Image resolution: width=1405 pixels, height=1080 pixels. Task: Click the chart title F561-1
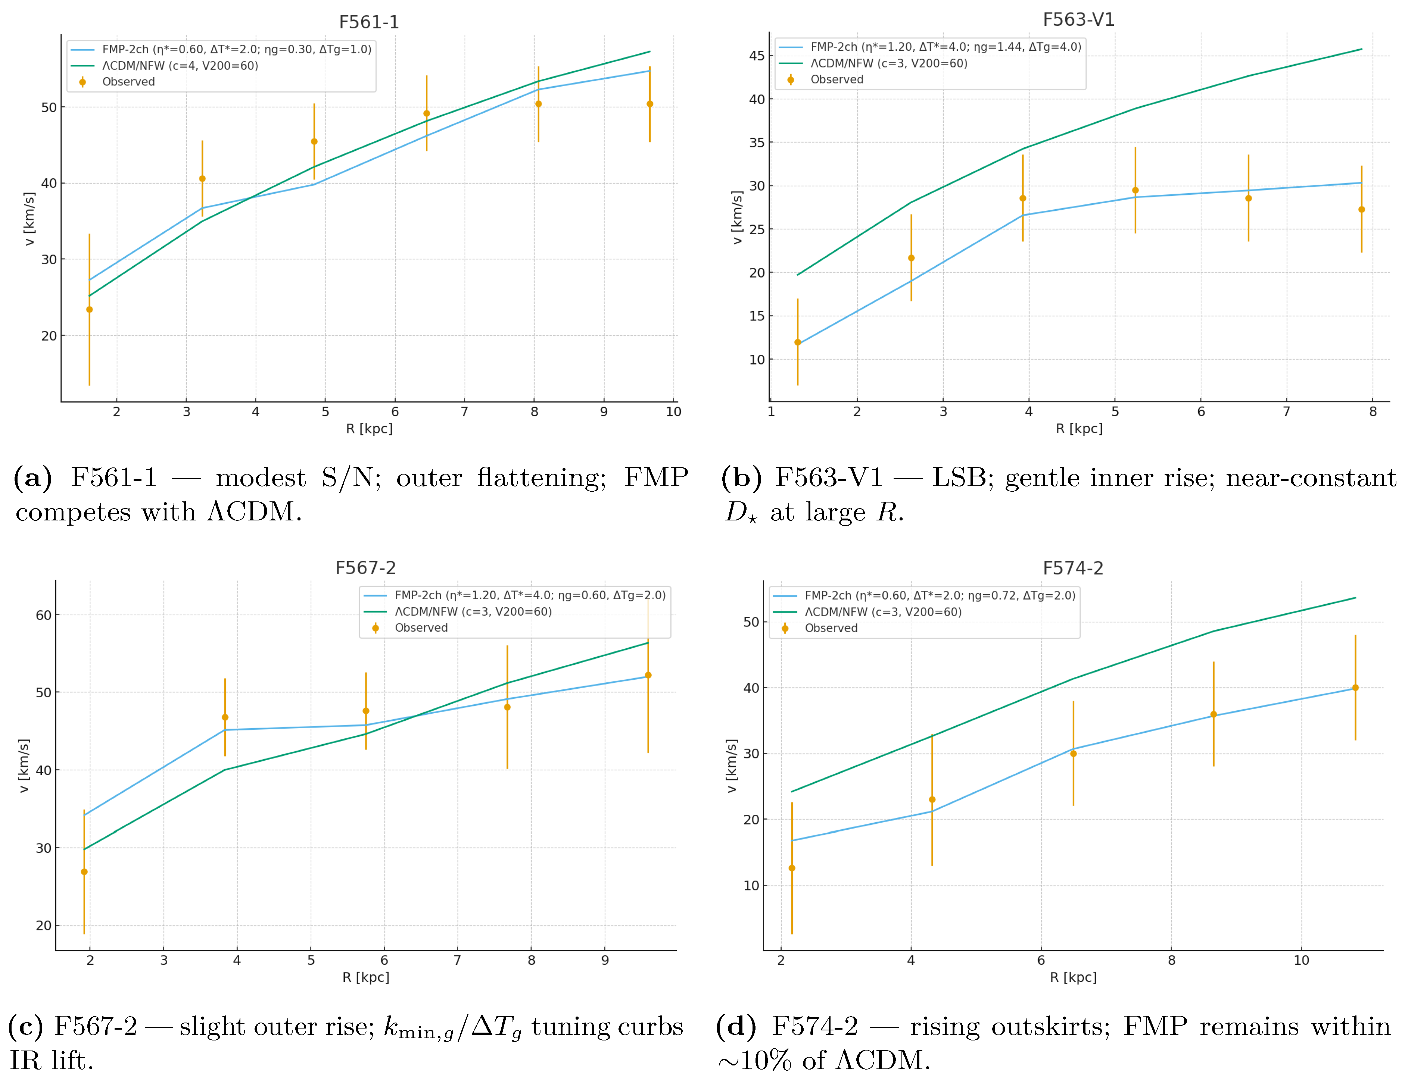click(369, 22)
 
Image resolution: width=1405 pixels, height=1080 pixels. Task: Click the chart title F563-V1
click(1078, 20)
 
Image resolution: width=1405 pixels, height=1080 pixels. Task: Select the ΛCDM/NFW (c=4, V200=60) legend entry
click(180, 66)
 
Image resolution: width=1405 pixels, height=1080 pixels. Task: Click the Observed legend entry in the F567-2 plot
click(421, 628)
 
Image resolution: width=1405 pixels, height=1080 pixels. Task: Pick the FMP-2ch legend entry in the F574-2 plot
click(939, 596)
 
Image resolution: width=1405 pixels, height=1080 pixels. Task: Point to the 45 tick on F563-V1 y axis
click(757, 56)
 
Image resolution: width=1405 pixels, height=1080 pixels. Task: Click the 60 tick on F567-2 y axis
click(43, 615)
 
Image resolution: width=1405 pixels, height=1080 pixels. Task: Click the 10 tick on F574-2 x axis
click(1301, 960)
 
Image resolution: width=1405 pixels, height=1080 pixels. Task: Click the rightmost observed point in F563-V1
click(1361, 210)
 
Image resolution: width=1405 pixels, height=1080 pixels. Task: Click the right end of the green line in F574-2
click(1355, 598)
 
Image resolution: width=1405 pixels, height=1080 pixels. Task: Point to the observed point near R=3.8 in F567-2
click(224, 717)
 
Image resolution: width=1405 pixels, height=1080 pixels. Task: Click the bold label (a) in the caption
click(32, 478)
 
